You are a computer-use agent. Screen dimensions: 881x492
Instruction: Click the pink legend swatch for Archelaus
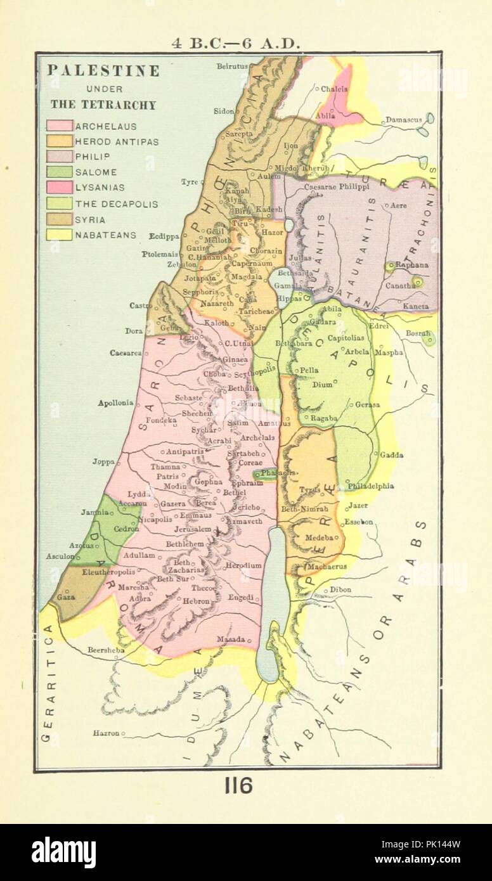[59, 126]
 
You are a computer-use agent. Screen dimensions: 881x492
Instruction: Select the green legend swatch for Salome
[59, 172]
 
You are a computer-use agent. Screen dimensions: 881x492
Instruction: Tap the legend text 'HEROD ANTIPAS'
[117, 141]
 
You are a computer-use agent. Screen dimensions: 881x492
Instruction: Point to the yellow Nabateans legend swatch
[59, 235]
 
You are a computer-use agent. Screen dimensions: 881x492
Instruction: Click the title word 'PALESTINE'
[103, 71]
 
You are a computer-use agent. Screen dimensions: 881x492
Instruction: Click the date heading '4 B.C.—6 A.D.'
[236, 44]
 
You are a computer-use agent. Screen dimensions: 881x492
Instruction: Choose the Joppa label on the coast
[103, 461]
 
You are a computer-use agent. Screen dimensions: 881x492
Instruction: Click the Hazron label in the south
[106, 733]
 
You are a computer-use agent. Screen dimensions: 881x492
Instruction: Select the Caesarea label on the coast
[125, 352]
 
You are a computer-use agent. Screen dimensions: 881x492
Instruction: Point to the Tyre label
[189, 182]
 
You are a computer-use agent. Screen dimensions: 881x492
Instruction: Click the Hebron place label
[196, 600]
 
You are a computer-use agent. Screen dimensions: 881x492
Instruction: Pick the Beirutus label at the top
[231, 66]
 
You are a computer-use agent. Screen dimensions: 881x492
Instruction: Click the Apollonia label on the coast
[115, 402]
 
